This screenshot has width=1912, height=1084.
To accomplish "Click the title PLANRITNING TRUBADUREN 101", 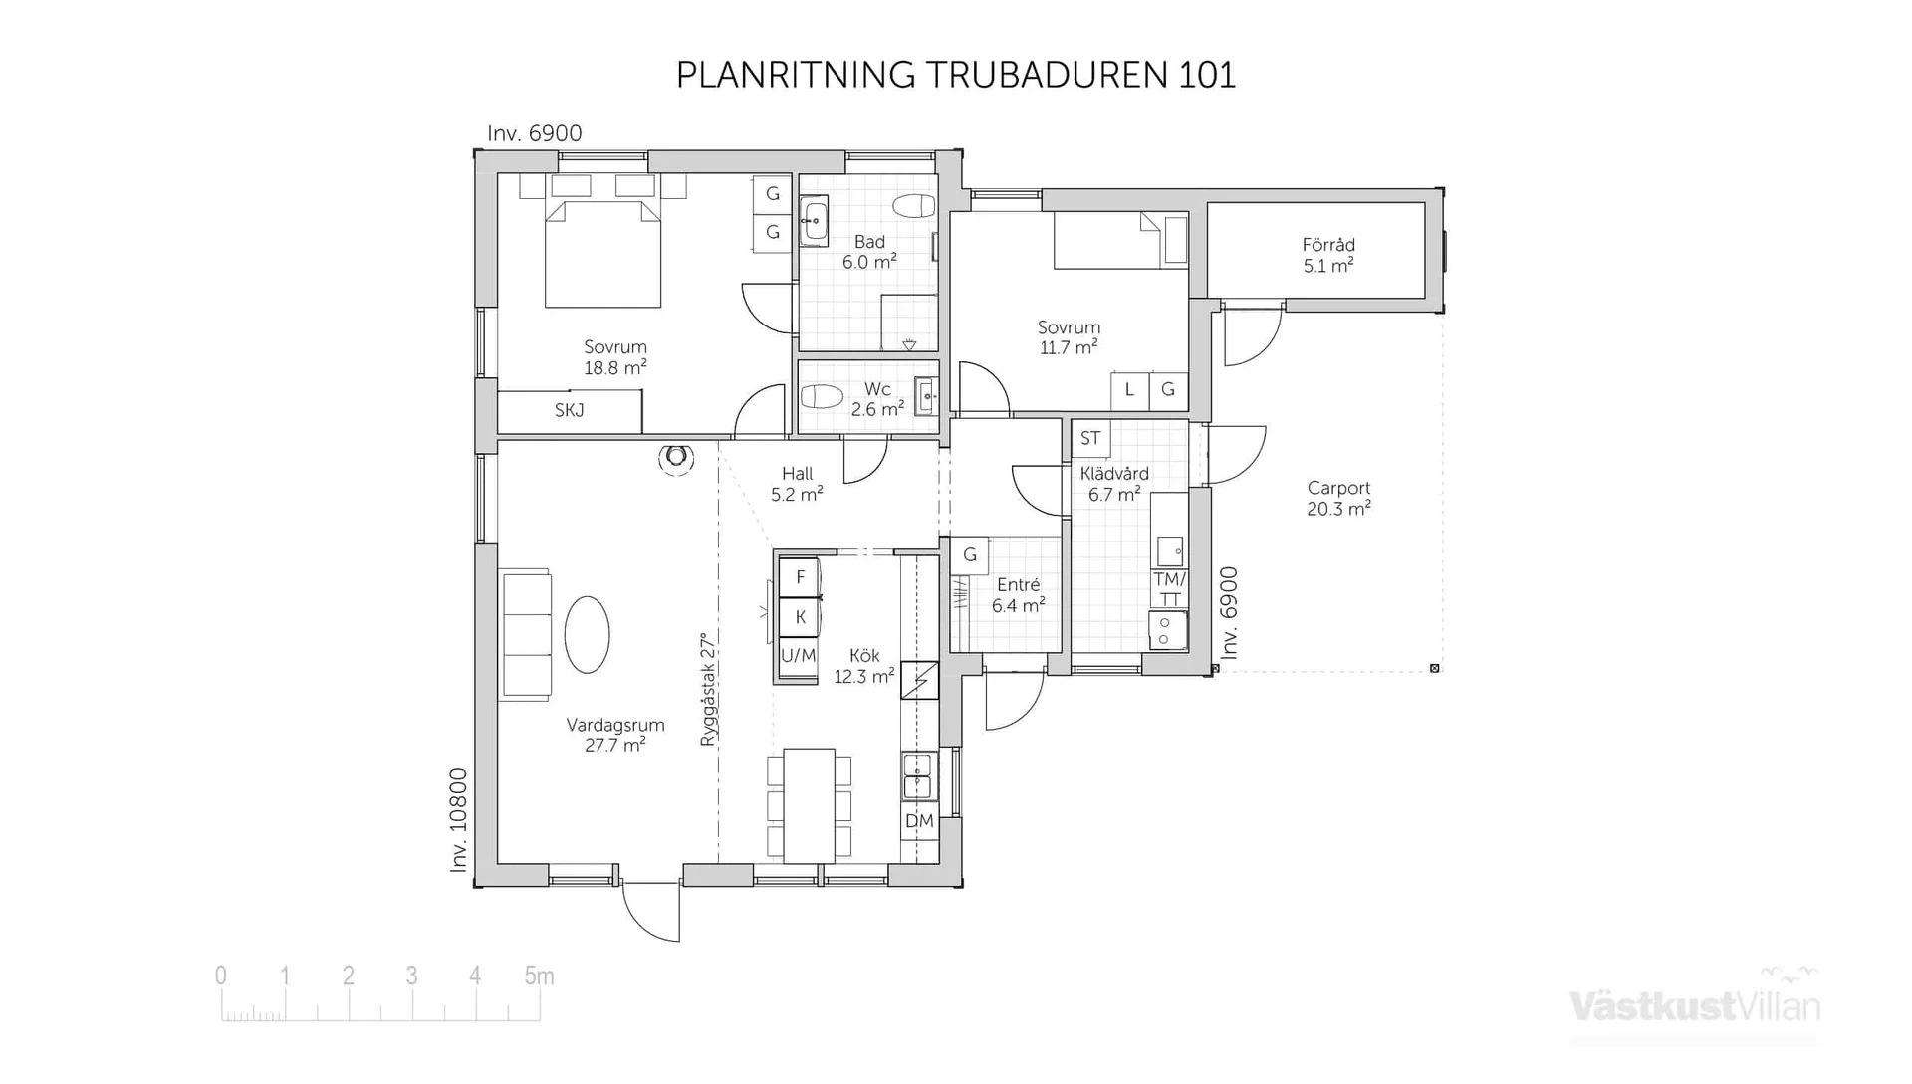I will pyautogui.click(x=955, y=75).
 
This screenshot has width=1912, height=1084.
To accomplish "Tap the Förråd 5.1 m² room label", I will pyautogui.click(x=1327, y=255).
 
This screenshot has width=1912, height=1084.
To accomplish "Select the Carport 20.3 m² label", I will pyautogui.click(x=1338, y=498).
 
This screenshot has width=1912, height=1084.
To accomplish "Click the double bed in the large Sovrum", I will pyautogui.click(x=602, y=254).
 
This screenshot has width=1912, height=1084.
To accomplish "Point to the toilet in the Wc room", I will pyautogui.click(x=822, y=397).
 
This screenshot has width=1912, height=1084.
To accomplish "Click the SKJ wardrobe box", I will pyautogui.click(x=570, y=410).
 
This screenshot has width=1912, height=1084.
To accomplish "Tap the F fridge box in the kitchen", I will pyautogui.click(x=799, y=577).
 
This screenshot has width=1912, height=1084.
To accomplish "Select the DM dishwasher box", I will pyautogui.click(x=919, y=820).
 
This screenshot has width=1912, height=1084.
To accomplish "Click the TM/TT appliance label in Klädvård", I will pyautogui.click(x=1169, y=589).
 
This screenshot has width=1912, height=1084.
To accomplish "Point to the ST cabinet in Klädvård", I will pyautogui.click(x=1090, y=438).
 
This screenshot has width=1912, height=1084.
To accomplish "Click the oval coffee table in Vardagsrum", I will pyautogui.click(x=587, y=634).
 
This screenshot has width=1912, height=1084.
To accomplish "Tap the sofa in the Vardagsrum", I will pyautogui.click(x=525, y=634).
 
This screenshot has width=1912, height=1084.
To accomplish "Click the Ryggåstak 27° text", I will pyautogui.click(x=708, y=689).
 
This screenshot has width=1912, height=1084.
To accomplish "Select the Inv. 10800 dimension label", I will pyautogui.click(x=458, y=820).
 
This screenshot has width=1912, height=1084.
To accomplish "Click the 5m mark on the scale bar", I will pyautogui.click(x=538, y=976).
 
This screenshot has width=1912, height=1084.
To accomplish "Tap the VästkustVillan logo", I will pyautogui.click(x=1694, y=1005).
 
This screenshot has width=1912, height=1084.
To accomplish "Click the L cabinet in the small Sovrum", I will pyautogui.click(x=1129, y=390).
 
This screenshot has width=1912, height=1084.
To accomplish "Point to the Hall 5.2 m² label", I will pyautogui.click(x=797, y=484).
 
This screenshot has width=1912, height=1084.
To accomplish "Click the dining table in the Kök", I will pyautogui.click(x=809, y=805).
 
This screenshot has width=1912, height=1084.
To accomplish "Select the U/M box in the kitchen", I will pyautogui.click(x=798, y=655).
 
